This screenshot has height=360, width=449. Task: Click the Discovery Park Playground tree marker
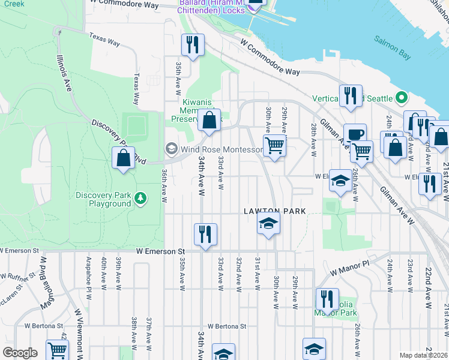(140, 198)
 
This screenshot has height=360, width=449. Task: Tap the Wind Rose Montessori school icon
(171, 149)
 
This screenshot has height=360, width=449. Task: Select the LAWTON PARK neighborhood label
(274, 211)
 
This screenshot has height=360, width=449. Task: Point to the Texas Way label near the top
(105, 38)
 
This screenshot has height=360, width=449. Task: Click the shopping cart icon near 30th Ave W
(274, 145)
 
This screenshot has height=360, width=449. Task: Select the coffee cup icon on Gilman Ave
(355, 134)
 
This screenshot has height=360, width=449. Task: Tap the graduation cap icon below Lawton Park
(268, 224)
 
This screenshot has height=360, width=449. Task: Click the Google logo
(20, 353)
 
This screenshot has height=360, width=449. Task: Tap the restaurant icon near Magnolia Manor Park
(327, 298)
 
